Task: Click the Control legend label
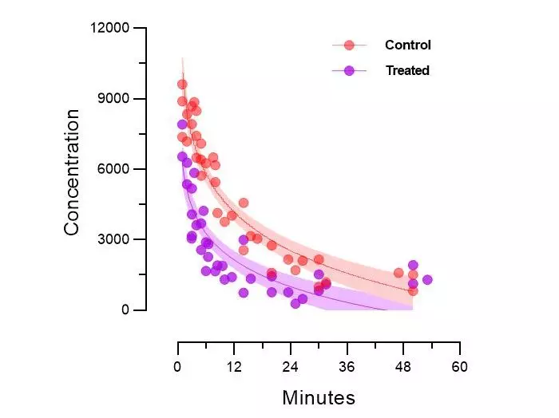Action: (x=407, y=45)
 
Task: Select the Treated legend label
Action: (x=407, y=71)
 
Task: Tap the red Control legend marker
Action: (x=349, y=45)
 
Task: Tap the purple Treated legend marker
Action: (x=349, y=71)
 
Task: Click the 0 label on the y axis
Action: (x=125, y=310)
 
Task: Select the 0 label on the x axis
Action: (x=177, y=368)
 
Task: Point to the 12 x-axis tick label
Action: (x=234, y=368)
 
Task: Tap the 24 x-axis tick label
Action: (x=291, y=368)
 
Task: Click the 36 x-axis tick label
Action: (x=347, y=368)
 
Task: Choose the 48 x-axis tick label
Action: (x=403, y=368)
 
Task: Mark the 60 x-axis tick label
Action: (x=460, y=368)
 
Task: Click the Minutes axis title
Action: (x=319, y=397)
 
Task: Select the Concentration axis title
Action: (x=72, y=172)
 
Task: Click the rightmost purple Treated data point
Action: (x=427, y=280)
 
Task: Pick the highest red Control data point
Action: (x=182, y=85)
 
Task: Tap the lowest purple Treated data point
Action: (x=295, y=303)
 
